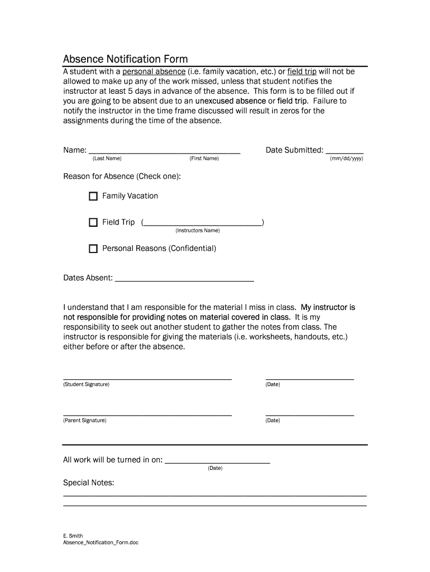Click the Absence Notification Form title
coord(125,59)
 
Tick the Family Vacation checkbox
coord(93,196)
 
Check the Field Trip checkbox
coord(93,222)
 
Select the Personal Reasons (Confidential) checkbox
coord(93,249)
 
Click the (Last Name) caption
coord(107,159)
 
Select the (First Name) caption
coord(204,159)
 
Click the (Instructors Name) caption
coord(197,230)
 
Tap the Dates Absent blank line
coord(184,279)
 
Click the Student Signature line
coord(147,378)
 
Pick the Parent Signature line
coord(147,414)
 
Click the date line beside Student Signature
coord(309,378)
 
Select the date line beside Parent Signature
coord(309,414)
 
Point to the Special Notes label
coord(88,483)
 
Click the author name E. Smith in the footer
coord(73,536)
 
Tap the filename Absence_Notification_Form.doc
coord(101,543)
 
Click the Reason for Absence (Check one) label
coord(122,177)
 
